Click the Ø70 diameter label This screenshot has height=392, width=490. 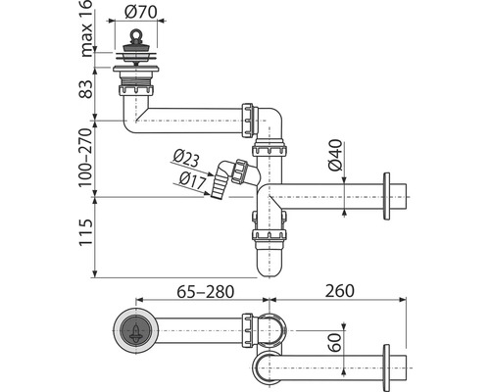141,12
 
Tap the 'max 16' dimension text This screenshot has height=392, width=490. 86,28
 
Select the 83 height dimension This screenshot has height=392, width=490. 86,89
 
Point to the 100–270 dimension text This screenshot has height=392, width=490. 86,157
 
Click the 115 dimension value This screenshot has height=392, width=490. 86,232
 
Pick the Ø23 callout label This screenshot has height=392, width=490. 186,159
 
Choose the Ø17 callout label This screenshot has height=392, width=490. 193,180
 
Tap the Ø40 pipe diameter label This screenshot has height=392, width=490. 335,155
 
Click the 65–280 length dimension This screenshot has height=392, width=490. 205,292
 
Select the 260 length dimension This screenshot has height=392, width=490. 339,291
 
